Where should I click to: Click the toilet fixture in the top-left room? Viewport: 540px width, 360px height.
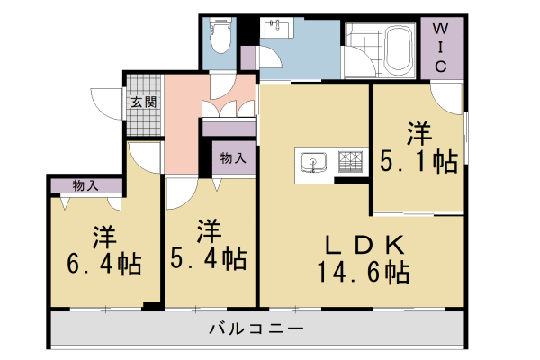(x=219, y=36)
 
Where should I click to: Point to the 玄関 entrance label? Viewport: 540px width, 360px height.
(x=143, y=102)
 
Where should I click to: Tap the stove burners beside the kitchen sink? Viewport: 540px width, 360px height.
(x=351, y=162)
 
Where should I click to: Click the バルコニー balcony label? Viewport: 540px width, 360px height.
(x=256, y=329)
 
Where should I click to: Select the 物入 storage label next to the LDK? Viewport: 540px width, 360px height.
(x=233, y=157)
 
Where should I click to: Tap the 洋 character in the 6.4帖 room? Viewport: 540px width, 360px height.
(x=103, y=238)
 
